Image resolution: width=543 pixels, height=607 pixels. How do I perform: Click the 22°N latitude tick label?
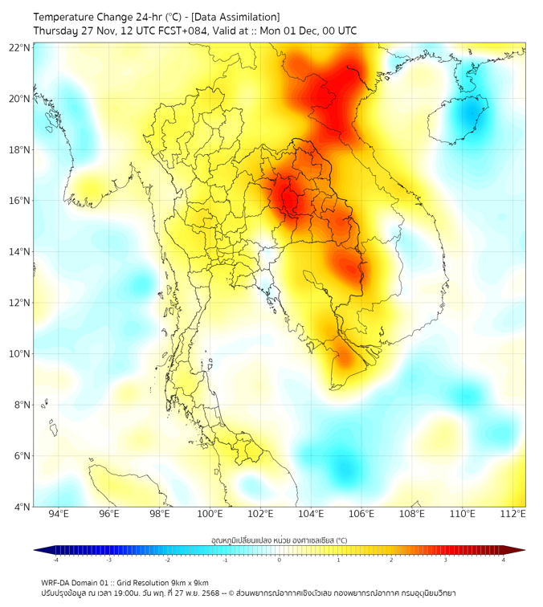tap(20, 48)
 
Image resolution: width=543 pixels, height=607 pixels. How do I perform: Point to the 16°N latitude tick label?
tap(20, 201)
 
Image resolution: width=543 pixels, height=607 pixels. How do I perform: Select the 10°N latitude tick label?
tap(20, 354)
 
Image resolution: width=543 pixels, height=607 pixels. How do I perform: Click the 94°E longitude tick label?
tap(59, 514)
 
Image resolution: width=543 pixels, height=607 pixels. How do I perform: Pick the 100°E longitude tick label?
tap(210, 514)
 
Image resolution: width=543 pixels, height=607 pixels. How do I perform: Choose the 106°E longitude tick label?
tap(361, 514)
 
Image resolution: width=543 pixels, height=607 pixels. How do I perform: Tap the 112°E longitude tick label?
tap(513, 514)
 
